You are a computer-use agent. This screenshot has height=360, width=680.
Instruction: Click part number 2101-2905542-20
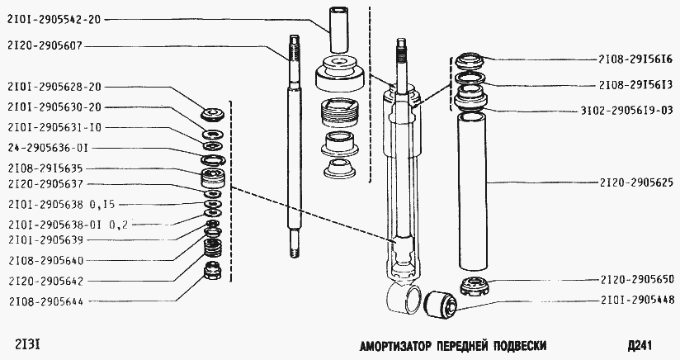[53, 18]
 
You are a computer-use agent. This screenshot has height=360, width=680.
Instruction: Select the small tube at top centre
[340, 30]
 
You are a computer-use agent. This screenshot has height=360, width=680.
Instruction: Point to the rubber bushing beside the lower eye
[438, 303]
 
